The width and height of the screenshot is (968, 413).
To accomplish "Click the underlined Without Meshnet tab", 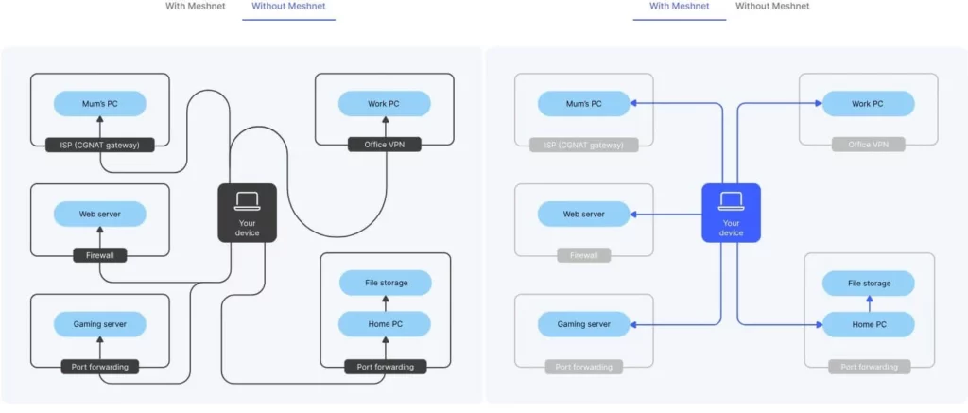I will [288, 7].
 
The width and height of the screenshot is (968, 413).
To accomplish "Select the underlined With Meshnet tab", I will [679, 7].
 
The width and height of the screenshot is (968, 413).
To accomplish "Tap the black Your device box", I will [247, 213].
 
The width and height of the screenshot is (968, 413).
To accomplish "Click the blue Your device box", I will [731, 213].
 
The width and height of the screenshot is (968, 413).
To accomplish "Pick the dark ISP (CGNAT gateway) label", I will [100, 145].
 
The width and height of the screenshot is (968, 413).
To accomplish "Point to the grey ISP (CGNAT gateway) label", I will [584, 145].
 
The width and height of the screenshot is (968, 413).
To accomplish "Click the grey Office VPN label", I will [868, 145].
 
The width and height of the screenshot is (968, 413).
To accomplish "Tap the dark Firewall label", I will [100, 255].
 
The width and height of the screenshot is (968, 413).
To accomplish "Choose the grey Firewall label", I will [584, 255].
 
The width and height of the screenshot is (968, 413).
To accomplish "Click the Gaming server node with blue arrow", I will [584, 324].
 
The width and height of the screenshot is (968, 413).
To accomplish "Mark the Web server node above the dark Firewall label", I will [100, 214].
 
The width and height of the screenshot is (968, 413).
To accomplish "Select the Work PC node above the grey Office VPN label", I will [868, 103].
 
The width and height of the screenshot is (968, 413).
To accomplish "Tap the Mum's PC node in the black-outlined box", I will [100, 103].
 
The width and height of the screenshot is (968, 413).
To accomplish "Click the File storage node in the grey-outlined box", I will [868, 283].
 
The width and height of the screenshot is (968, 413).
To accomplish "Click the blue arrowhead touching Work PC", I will [817, 103].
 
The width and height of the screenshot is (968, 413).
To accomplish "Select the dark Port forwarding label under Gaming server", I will [100, 366].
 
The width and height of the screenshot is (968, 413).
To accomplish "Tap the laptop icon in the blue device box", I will [731, 200].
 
